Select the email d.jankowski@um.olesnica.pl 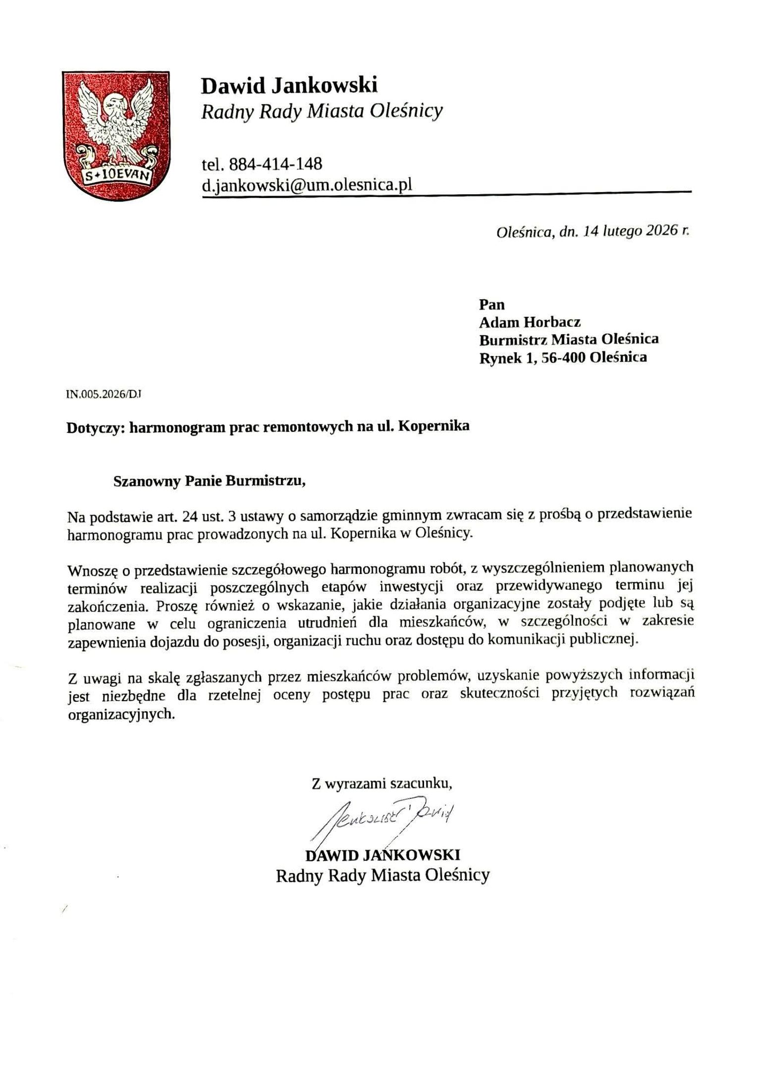pos(307,185)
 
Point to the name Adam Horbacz pos(530,322)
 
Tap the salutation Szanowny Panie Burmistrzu pos(209,481)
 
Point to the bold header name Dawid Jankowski pos(289,86)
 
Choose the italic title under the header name pos(322,112)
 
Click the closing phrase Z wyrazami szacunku pos(381,783)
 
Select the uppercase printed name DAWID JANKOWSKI pos(382,855)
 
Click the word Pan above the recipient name pos(491,304)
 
